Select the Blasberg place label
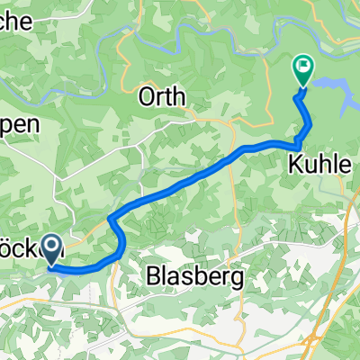pos(194,278)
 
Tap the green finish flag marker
pos(302,71)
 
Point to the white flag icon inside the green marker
pos(302,66)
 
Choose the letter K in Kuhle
pos(294,165)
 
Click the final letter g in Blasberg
pos(238,281)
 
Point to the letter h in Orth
pos(180,96)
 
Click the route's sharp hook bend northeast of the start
pos(112,220)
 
